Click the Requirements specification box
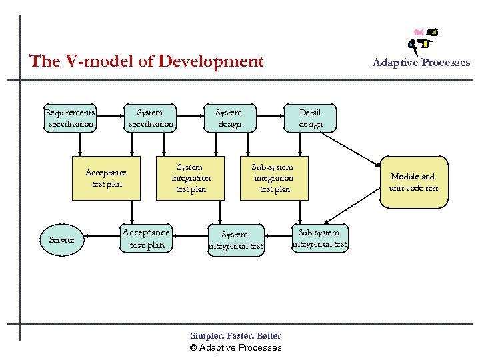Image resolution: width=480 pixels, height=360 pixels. [70, 118]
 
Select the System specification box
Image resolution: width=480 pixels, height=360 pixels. [150, 118]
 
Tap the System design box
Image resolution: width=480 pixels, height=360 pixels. [229, 118]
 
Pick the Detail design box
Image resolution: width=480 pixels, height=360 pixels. [310, 118]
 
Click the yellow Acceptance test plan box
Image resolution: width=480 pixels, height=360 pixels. [107, 178]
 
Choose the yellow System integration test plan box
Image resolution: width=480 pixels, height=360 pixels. [191, 178]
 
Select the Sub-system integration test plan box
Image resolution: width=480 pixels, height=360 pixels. [274, 178]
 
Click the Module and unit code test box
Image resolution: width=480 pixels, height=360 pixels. [413, 182]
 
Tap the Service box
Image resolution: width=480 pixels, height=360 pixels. [62, 239]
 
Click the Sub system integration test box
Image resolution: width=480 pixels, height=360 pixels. [319, 238]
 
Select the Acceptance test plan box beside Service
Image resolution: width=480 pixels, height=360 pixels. [146, 239]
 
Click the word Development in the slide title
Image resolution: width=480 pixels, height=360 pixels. [217, 61]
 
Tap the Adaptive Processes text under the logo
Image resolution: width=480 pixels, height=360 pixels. [421, 63]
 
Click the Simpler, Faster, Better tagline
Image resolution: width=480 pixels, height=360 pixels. [236, 336]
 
